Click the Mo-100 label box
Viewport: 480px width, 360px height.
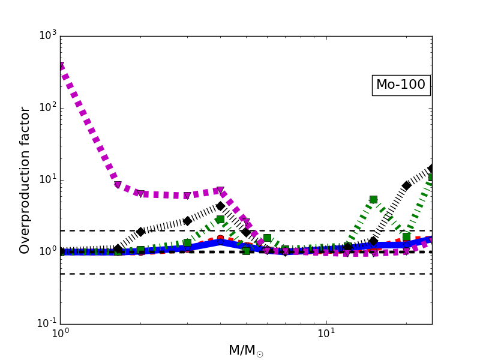(x=401, y=85)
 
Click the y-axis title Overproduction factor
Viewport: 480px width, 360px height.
(x=25, y=180)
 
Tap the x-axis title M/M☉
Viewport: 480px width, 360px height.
(x=246, y=350)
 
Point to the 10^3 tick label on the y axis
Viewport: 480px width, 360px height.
(x=46, y=35)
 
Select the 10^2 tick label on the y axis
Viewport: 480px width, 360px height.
(x=46, y=107)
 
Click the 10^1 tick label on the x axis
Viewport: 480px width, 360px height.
(x=326, y=334)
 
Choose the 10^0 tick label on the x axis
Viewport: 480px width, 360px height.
(x=60, y=334)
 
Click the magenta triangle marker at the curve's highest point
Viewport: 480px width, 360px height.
(x=61, y=66)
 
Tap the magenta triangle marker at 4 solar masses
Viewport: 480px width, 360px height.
(x=220, y=191)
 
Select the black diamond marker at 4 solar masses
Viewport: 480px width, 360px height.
(x=220, y=206)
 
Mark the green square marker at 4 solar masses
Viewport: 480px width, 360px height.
(x=220, y=219)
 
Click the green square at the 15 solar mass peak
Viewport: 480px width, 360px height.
(x=373, y=199)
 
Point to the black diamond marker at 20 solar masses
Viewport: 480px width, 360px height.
(x=406, y=185)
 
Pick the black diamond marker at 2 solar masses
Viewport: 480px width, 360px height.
(x=140, y=232)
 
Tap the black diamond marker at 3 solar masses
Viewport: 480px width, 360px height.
(x=187, y=221)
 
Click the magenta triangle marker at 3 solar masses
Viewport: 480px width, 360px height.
(x=187, y=196)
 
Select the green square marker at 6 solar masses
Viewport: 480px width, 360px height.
(x=267, y=238)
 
